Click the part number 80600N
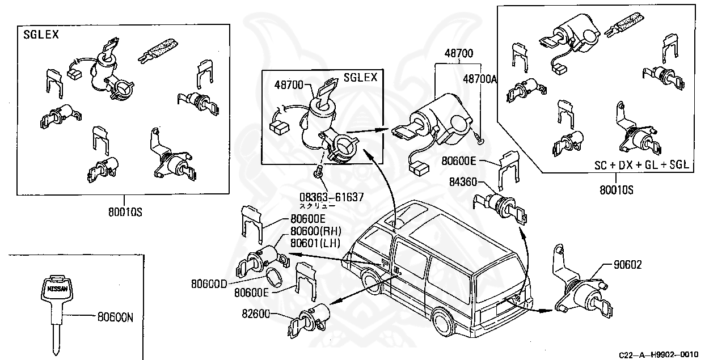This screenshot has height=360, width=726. pos(115,318)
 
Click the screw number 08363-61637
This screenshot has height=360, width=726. pos(332,197)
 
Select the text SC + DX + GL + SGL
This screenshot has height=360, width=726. pos(641,165)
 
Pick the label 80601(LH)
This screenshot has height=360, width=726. pos(315,243)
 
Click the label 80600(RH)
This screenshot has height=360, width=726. pos(315,231)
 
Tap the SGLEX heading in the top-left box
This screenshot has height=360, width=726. pos(41,34)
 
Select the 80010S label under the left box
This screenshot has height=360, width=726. pos(124,212)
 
